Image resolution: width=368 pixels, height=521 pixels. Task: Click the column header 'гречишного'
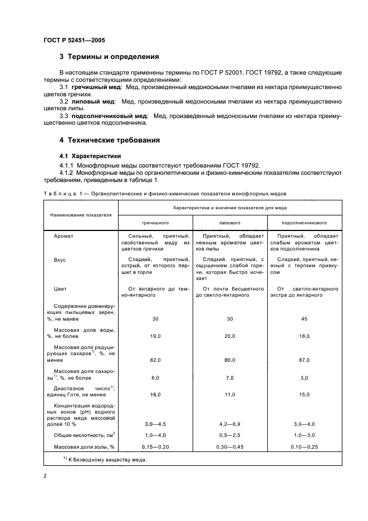(155, 222)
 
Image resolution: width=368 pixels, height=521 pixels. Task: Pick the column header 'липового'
(229, 222)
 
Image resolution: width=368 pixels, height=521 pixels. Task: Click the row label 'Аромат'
(63, 236)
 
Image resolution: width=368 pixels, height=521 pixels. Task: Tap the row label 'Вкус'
(60, 259)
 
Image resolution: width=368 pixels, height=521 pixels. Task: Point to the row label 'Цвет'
(60, 288)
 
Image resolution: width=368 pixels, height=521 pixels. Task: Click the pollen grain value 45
(304, 319)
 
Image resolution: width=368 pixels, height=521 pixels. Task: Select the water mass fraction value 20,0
(229, 336)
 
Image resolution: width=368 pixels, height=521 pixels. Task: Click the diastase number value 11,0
(229, 394)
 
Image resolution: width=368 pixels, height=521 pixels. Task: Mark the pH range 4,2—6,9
(229, 424)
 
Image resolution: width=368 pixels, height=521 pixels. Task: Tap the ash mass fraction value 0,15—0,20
(155, 446)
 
